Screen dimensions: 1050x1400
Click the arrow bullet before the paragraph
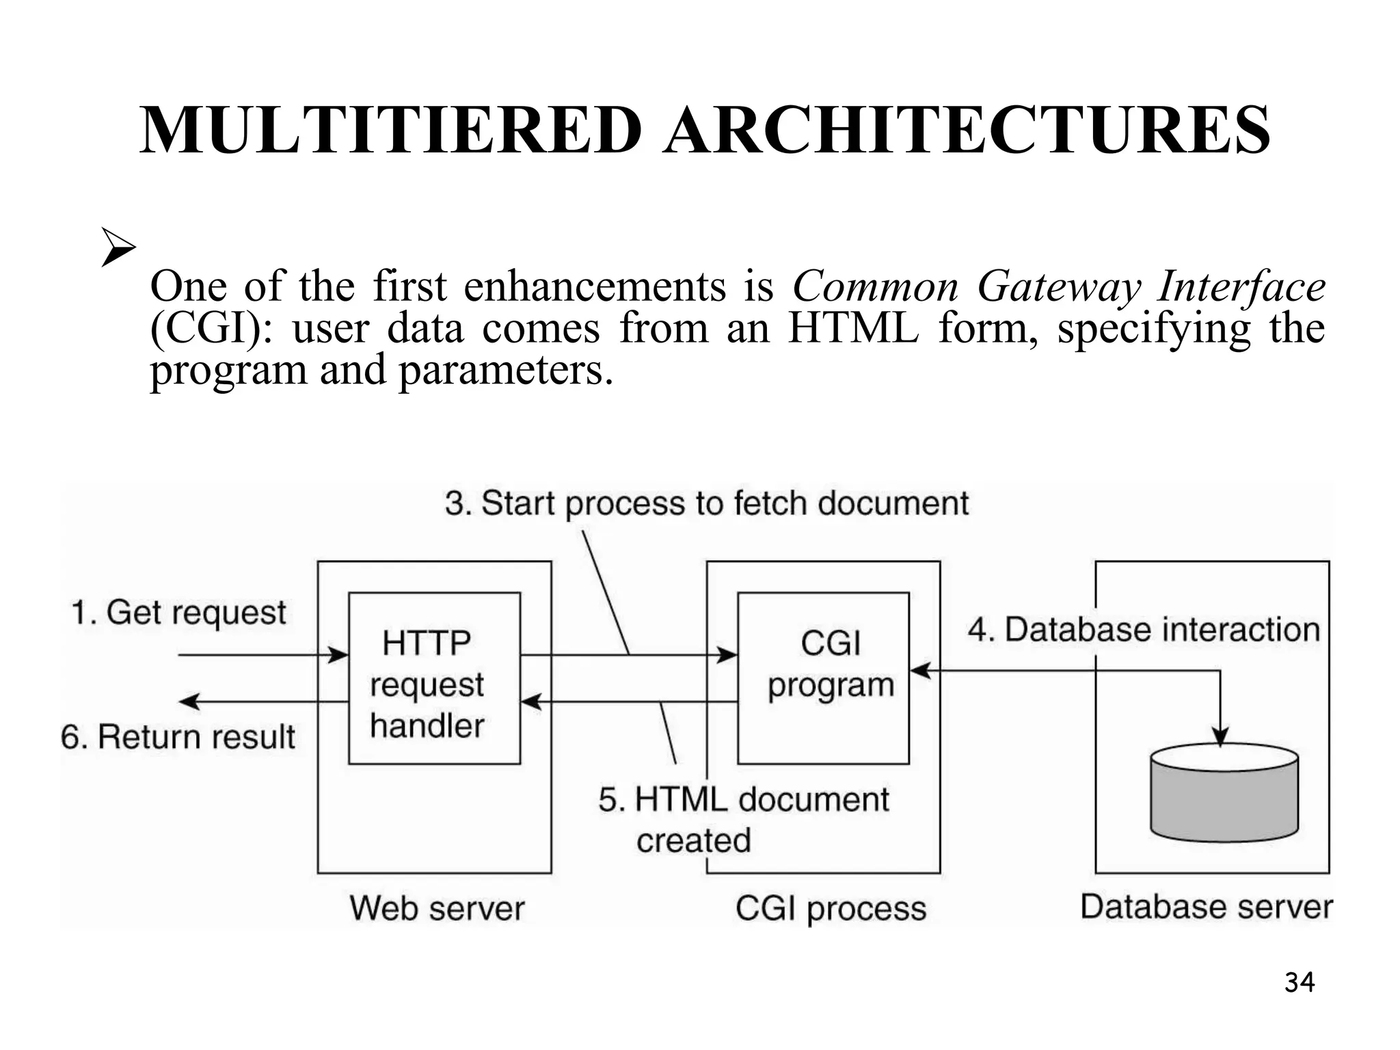click(x=118, y=247)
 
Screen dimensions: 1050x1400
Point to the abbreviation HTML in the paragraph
click(x=852, y=329)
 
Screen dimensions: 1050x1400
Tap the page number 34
click(x=1299, y=982)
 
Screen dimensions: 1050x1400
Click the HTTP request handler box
click(x=434, y=678)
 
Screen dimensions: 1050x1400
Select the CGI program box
click(x=823, y=678)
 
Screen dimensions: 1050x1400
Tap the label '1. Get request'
click(x=178, y=612)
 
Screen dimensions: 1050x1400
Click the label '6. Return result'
click(x=178, y=737)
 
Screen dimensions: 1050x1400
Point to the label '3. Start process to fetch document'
click(x=706, y=504)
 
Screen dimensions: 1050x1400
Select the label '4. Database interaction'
click(x=1144, y=630)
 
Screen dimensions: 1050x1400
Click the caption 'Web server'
click(x=437, y=908)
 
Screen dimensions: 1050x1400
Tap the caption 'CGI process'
click(x=831, y=909)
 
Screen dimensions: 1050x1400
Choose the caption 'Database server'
click(x=1207, y=907)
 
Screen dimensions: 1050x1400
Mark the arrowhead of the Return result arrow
click(x=187, y=701)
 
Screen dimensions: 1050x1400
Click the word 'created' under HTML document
click(x=693, y=840)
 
